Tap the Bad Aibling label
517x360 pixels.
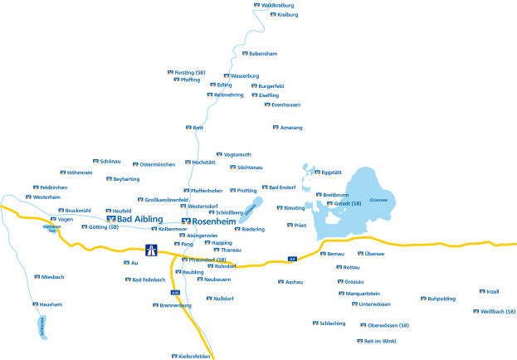pos(141,218)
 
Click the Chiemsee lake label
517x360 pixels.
pos(378,200)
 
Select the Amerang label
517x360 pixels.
pos(292,128)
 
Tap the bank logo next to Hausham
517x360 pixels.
pos(35,304)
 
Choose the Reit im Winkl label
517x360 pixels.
pos(381,341)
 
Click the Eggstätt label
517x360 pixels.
pos(332,172)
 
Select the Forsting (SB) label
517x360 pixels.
pos(190,72)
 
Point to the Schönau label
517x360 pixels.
pos(110,161)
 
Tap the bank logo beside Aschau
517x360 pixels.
pos(280,282)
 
